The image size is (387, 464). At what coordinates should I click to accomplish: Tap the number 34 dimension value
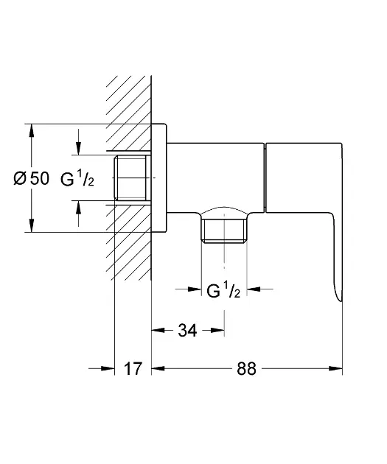click(x=187, y=331)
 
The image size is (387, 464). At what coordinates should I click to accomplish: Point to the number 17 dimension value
click(x=132, y=369)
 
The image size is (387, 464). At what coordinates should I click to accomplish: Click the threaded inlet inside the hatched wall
click(x=131, y=177)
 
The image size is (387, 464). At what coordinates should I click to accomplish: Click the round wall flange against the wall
click(x=160, y=177)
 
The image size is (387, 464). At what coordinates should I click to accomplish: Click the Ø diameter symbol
click(x=21, y=177)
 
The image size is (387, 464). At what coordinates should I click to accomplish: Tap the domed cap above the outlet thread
click(x=224, y=211)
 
